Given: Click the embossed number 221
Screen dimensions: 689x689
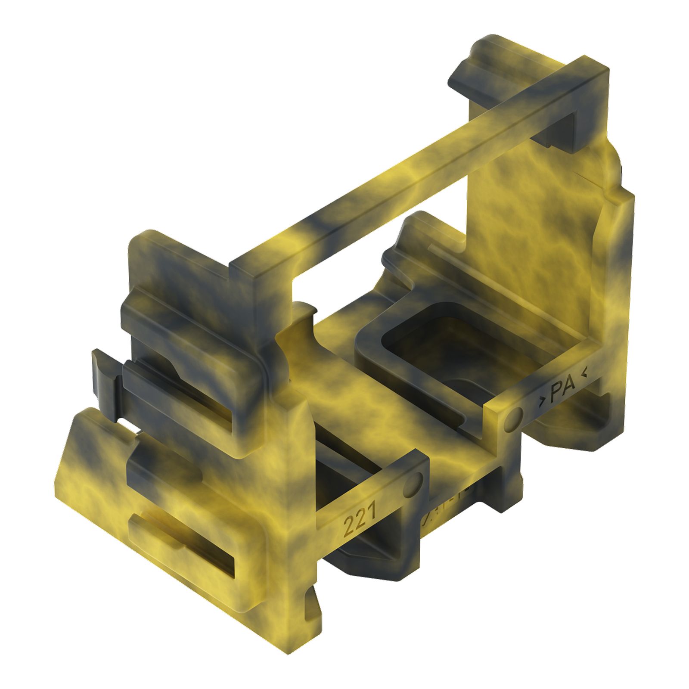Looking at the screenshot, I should pyautogui.click(x=360, y=519).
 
